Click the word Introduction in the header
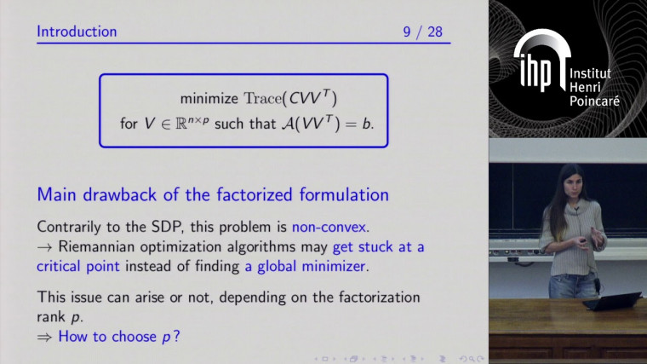(x=77, y=32)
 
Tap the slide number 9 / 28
(x=427, y=32)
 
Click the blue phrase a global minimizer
(x=307, y=266)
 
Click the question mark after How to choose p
(x=176, y=336)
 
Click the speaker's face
(x=570, y=188)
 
